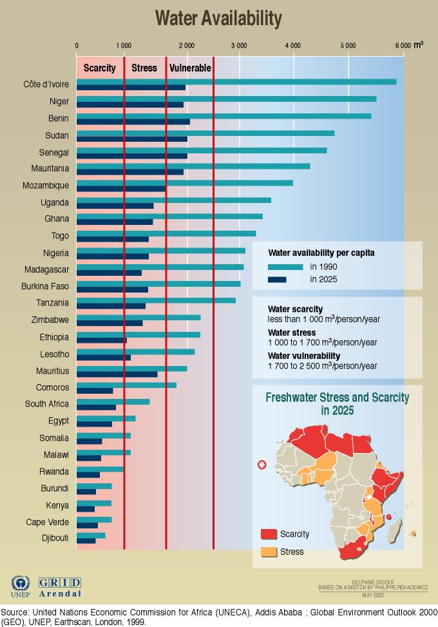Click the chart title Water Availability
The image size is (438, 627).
tap(218, 19)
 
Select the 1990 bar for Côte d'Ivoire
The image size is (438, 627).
tap(236, 81)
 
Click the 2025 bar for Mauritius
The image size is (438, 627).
tap(117, 374)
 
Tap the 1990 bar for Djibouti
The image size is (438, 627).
tap(91, 535)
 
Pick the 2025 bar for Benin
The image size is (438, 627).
tap(133, 121)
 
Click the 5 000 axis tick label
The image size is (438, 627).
tap(347, 46)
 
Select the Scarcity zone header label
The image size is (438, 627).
tap(100, 68)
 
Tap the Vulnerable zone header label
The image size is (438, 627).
tap(190, 68)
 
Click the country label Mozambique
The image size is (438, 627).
tap(46, 186)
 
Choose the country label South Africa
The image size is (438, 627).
tap(47, 404)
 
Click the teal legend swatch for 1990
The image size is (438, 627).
tap(285, 267)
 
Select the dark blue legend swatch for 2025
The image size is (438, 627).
tap(277, 280)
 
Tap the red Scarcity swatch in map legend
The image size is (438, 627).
tap(269, 534)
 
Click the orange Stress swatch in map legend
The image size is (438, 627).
tap(269, 552)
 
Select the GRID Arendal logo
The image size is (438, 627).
tap(60, 586)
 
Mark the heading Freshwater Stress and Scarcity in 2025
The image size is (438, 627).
tap(337, 403)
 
